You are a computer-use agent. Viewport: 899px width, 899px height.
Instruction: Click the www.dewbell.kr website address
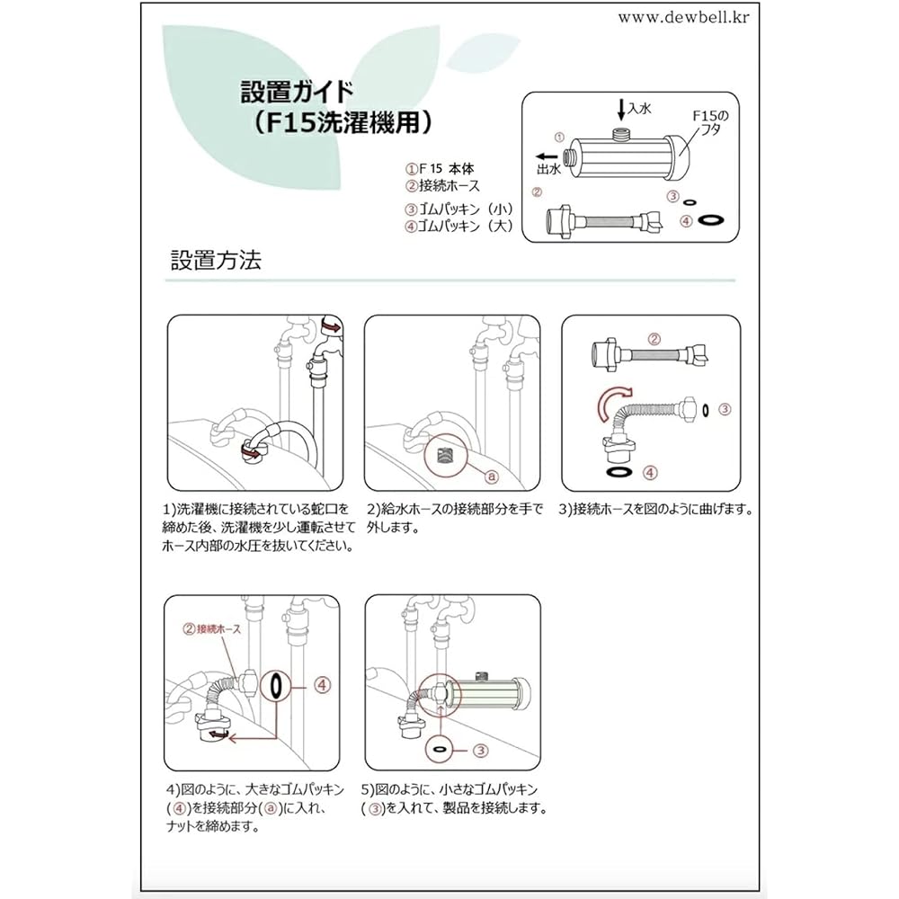[x=683, y=17]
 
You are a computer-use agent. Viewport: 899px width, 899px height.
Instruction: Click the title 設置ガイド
[x=297, y=92]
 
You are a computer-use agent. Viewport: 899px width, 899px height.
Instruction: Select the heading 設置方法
[x=216, y=260]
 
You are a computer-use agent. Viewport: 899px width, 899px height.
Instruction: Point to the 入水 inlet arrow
[x=621, y=109]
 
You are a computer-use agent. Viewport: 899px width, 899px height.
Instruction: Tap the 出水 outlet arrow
[x=547, y=156]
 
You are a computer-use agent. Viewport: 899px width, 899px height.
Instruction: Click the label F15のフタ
[x=710, y=122]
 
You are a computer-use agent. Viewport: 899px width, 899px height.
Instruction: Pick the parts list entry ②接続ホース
[x=442, y=186]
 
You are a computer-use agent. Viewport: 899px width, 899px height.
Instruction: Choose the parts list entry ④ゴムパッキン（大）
[x=458, y=226]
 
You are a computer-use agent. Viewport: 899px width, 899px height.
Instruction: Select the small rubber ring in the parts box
[x=690, y=201]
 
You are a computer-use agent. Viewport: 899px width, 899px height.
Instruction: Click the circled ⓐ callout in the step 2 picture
[x=492, y=476]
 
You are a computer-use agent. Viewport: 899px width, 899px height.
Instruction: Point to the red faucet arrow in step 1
[x=331, y=327]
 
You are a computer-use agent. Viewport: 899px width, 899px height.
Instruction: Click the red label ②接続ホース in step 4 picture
[x=211, y=629]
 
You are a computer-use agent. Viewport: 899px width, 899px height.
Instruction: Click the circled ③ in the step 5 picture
[x=480, y=750]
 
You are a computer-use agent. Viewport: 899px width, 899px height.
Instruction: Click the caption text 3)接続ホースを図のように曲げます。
[x=655, y=509]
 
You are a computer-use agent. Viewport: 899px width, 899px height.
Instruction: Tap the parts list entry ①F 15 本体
[x=440, y=169]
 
